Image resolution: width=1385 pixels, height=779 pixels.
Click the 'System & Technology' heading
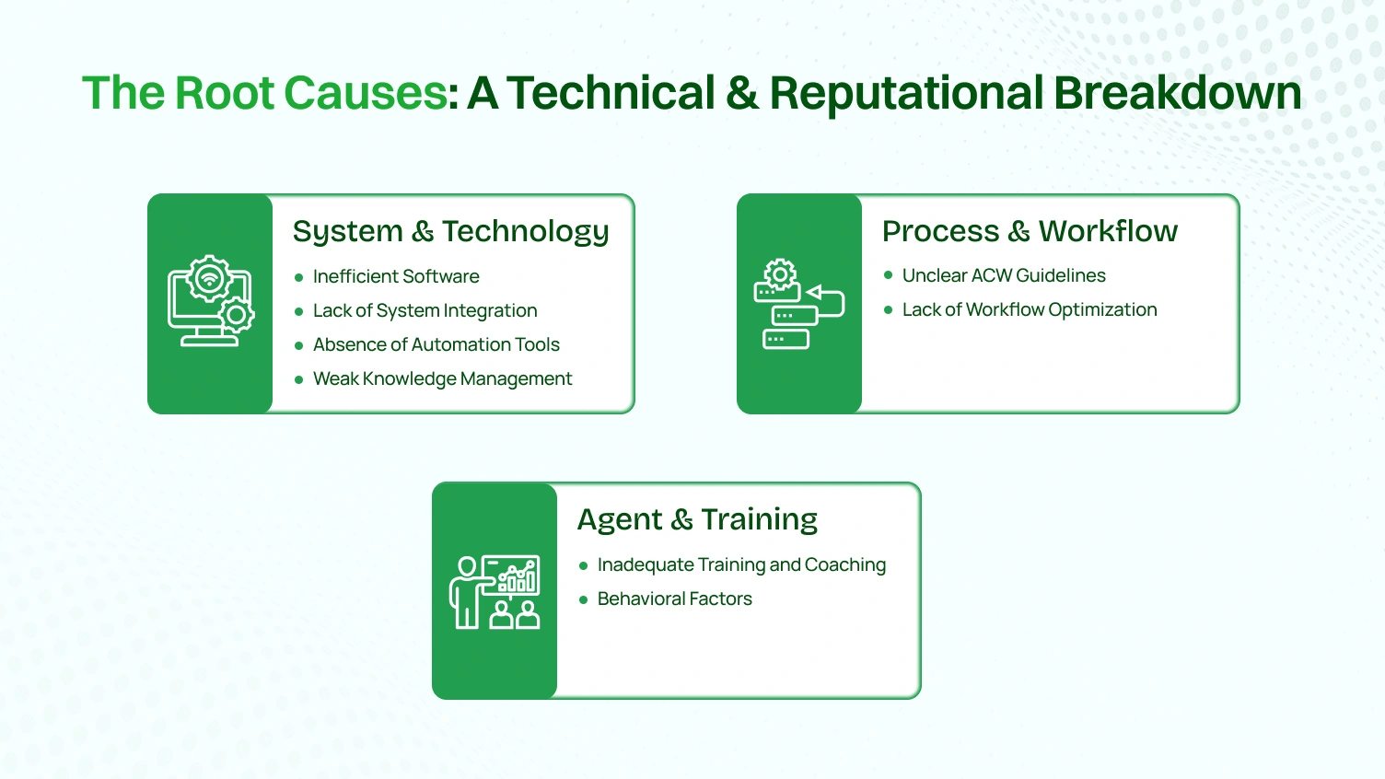[450, 231]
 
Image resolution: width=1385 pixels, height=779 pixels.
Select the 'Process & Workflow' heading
[1030, 231]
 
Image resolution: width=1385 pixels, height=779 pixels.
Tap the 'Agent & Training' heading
[697, 519]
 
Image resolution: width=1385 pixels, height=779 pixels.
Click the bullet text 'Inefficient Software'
[396, 276]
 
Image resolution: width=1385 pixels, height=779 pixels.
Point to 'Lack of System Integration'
[425, 310]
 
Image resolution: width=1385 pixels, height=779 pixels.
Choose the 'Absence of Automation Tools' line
[436, 344]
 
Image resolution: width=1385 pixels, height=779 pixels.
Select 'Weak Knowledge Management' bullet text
[442, 378]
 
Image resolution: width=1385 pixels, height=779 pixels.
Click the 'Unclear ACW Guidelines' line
[1004, 275]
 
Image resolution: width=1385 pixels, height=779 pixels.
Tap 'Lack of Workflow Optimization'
[1030, 309]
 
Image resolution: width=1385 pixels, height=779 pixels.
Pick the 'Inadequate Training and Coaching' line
[741, 564]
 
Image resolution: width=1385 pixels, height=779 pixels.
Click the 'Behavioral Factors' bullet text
[674, 599]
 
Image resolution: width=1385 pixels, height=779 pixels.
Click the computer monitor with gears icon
[211, 301]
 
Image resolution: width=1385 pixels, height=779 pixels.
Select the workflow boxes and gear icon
[798, 304]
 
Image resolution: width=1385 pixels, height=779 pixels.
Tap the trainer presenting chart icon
[495, 592]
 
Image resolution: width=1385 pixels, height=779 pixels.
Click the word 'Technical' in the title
[611, 93]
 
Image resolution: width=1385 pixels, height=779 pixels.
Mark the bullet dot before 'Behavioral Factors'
[583, 599]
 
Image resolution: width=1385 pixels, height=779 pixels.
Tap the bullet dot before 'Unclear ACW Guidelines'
[888, 275]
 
